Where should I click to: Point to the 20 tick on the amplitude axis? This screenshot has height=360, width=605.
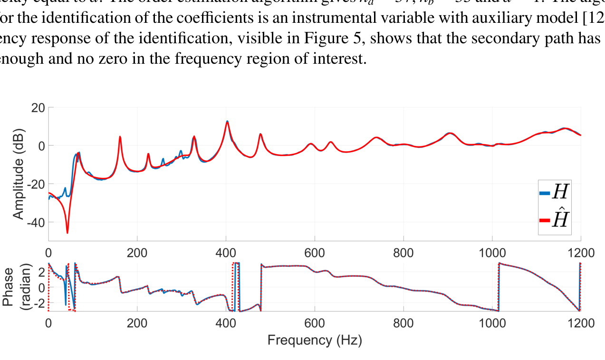coord(38,107)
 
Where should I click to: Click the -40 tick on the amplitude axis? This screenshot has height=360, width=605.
coord(35,222)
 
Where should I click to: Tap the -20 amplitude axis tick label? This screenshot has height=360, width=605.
coord(35,184)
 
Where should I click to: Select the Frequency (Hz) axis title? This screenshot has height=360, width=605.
coord(314,341)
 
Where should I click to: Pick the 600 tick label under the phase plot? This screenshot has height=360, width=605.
coord(314,323)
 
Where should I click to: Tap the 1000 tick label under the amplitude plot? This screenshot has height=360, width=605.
coord(492,253)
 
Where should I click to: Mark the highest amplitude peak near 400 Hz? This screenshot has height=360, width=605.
coord(227,121)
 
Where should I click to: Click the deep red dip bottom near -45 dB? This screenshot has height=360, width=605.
coord(67,233)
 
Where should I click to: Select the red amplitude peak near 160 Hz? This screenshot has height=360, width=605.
coord(120,137)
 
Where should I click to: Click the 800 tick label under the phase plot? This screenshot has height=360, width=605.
coord(403,323)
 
